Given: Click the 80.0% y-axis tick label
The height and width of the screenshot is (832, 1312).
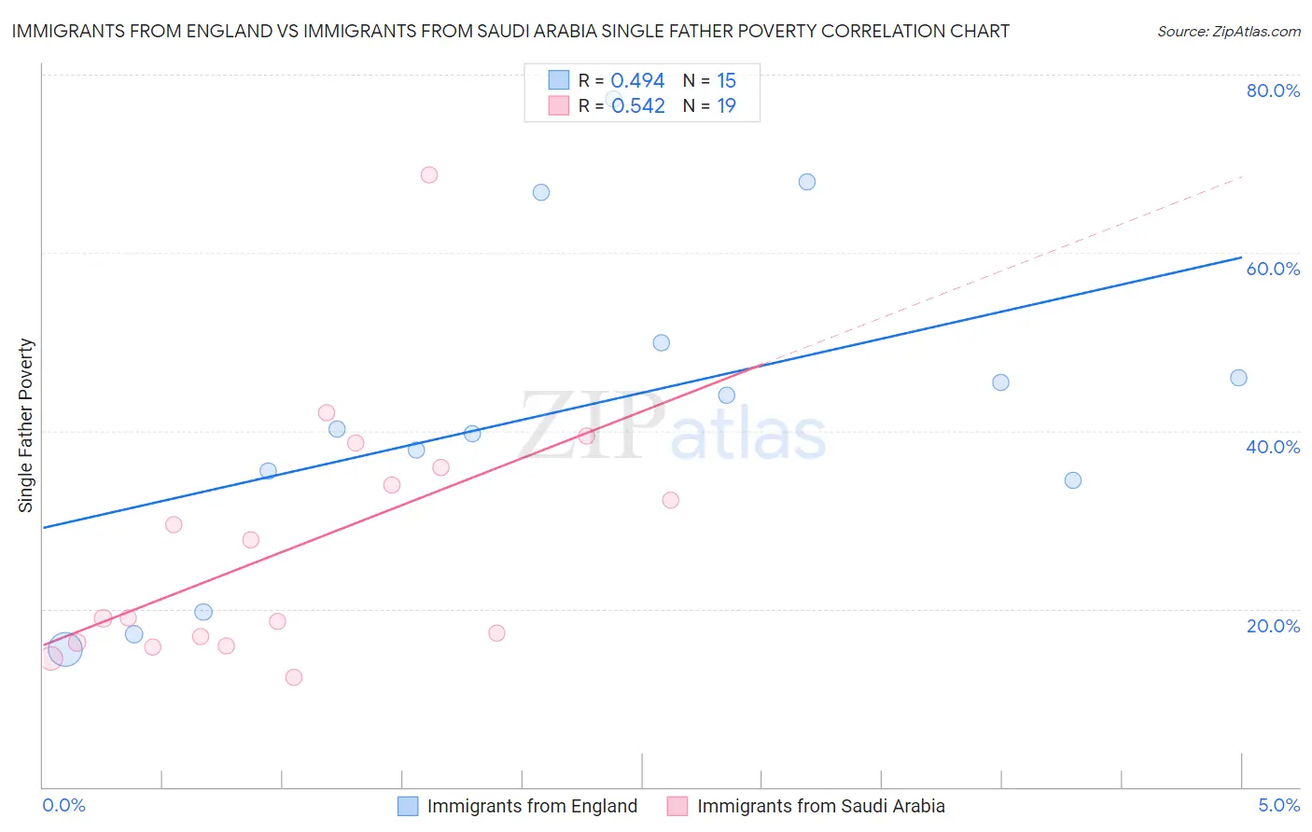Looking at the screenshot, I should [x=1273, y=90].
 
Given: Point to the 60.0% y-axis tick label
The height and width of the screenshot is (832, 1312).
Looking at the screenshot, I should [x=1273, y=269].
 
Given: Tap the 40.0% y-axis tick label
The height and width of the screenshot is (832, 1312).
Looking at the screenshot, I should [x=1273, y=447].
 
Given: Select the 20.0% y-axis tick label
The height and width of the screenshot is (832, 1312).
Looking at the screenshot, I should [x=1273, y=626].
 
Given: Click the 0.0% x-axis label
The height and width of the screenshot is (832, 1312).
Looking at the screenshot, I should [x=64, y=806].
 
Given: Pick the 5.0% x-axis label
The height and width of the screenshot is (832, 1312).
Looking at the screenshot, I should [x=1278, y=806].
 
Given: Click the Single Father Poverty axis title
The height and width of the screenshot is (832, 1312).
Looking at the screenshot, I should [x=26, y=425].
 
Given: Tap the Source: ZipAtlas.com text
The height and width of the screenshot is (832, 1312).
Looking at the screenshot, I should [x=1229, y=32].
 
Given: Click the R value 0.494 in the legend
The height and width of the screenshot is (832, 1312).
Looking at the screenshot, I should [x=637, y=81].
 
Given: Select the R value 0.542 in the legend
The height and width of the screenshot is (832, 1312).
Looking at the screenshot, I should [x=638, y=106].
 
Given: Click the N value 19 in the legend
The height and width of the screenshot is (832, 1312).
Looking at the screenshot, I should [x=726, y=106].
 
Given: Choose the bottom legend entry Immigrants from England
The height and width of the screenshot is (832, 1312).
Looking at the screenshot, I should [x=532, y=806].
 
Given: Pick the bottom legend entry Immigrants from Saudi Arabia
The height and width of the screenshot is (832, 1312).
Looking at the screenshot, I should [x=820, y=806].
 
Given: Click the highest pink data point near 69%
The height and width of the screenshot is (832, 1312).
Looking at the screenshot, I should [x=429, y=174].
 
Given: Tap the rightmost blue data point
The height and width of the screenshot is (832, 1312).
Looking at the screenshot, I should [x=1238, y=378].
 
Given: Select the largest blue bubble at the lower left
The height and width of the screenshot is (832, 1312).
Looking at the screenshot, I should [x=64, y=648].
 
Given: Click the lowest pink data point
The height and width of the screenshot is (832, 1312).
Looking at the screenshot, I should [x=294, y=677].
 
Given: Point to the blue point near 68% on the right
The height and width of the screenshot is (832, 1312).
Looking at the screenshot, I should [x=807, y=182].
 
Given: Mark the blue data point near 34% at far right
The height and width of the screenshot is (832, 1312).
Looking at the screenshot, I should [x=1073, y=480].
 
